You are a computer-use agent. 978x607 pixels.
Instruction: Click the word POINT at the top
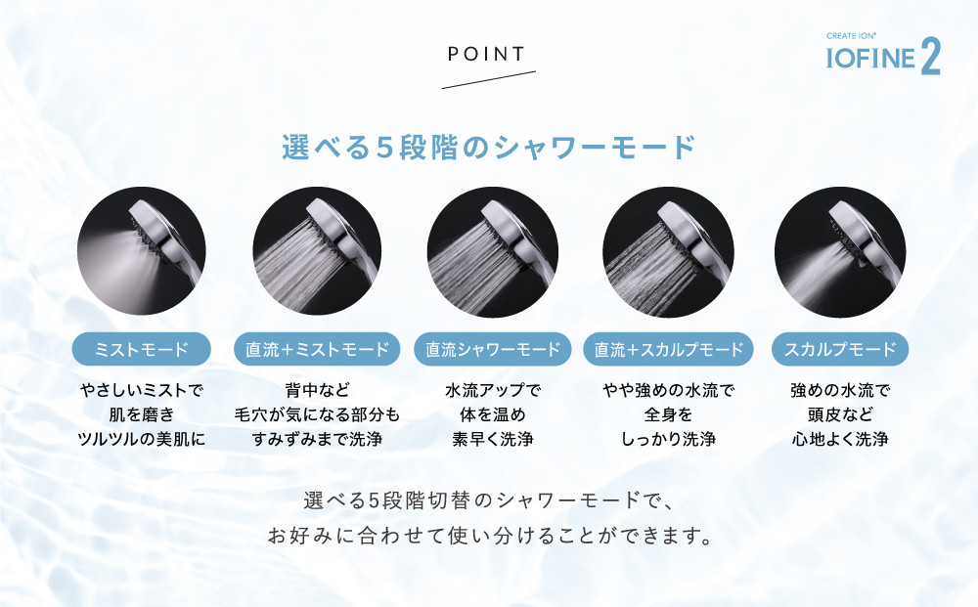486,54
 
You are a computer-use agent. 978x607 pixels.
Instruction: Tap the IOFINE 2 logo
882,55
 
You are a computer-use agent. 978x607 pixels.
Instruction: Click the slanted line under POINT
488,80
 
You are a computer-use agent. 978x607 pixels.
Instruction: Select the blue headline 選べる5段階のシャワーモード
489,148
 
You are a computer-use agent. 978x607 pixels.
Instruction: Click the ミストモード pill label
142,349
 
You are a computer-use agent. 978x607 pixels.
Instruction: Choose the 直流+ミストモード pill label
317,349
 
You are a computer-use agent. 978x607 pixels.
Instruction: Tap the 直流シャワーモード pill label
493,349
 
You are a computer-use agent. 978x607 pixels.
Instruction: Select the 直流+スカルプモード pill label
669,349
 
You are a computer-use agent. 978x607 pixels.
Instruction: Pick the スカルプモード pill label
840,349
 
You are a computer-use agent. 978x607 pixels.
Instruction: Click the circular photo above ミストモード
142,251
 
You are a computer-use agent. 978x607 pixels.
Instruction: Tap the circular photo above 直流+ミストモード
317,251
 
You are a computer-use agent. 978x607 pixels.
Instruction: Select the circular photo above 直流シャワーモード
493,251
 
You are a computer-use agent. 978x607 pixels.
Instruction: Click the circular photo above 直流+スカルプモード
668,251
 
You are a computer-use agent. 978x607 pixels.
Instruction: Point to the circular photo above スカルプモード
840,251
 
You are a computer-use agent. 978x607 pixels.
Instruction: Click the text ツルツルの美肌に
142,439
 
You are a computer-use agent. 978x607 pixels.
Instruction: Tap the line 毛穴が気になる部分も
317,414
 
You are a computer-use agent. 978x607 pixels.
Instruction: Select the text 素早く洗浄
493,439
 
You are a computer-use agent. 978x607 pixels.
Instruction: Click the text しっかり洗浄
668,439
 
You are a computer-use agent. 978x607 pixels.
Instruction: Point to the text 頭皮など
840,414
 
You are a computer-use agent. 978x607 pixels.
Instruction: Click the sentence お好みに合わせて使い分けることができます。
490,536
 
